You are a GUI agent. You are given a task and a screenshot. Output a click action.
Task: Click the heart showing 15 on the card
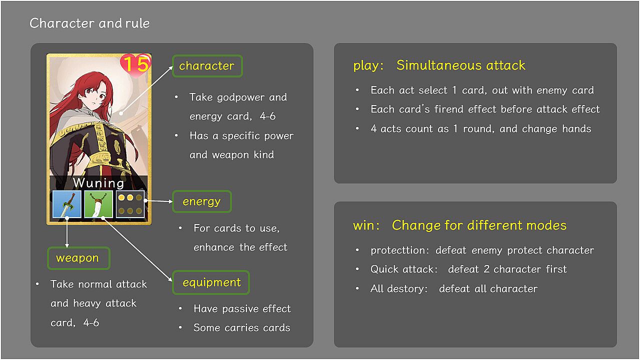(135, 65)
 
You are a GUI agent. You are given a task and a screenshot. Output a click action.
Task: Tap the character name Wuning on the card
(98, 183)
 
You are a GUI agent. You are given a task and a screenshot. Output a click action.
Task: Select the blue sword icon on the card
(67, 204)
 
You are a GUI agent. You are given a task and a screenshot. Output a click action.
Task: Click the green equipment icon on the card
(98, 204)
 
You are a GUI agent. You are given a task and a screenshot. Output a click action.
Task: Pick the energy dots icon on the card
(130, 204)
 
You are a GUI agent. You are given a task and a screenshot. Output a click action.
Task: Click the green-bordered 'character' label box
(207, 66)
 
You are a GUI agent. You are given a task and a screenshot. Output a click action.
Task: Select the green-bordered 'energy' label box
(201, 201)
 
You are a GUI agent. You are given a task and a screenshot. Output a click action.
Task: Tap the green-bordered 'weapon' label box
(78, 258)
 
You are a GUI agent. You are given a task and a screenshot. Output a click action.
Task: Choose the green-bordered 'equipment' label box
(211, 282)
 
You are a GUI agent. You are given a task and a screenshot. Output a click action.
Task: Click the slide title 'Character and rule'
(89, 23)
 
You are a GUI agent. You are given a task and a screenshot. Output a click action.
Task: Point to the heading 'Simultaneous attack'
(461, 65)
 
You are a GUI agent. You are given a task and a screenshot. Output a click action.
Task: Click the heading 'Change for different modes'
(479, 225)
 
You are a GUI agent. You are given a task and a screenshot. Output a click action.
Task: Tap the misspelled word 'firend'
(449, 109)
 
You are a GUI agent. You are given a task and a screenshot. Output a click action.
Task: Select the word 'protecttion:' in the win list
(399, 250)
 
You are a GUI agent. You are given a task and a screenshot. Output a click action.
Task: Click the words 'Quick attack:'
(404, 269)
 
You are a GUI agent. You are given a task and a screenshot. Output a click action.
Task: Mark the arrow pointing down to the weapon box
(67, 232)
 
